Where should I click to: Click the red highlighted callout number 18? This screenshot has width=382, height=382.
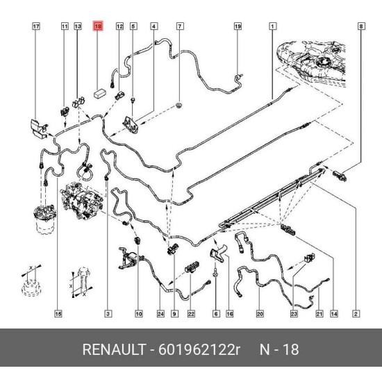click(98, 26)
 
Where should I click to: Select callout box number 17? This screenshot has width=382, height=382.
click(36, 26)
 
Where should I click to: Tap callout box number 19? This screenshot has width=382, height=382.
click(238, 26)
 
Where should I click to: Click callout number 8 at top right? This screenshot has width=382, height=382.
click(361, 26)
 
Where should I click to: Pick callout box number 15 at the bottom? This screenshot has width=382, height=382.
click(58, 313)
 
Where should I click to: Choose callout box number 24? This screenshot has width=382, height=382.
click(160, 313)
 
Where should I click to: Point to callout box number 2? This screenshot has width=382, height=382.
click(356, 313)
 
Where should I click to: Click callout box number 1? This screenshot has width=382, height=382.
click(272, 26)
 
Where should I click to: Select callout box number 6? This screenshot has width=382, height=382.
click(216, 313)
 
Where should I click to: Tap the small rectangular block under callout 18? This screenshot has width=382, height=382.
click(100, 93)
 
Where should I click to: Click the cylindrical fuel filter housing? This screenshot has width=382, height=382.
click(44, 219)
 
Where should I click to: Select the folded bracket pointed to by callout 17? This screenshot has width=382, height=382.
click(39, 128)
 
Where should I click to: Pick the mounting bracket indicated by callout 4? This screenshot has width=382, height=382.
click(131, 124)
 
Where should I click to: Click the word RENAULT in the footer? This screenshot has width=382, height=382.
click(114, 349)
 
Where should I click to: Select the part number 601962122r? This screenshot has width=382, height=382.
click(199, 349)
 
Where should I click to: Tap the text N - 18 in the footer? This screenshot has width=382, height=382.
click(279, 349)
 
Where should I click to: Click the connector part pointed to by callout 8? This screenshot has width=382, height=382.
click(340, 176)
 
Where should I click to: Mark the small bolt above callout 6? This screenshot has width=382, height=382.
click(216, 273)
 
